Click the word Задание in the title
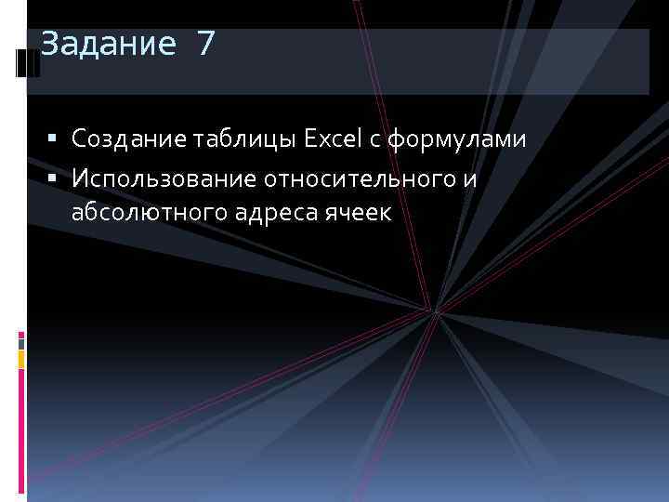107,44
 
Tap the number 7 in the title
205,44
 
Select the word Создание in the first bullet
127,139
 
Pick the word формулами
456,139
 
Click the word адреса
269,214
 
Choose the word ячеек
359,214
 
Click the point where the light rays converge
434,310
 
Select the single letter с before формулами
374,140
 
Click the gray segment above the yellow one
21,342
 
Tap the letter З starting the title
49,44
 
